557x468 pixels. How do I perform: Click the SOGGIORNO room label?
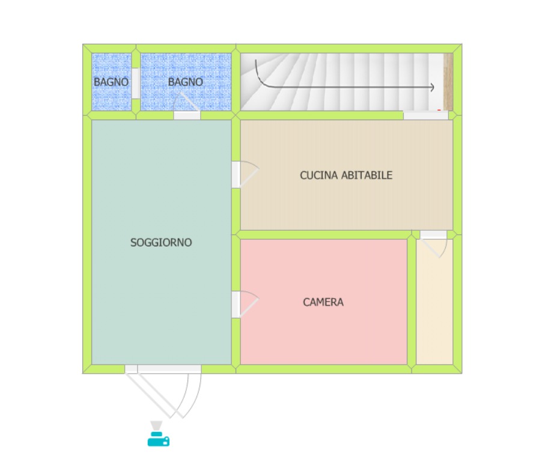[161, 243]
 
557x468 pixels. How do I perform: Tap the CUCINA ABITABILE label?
[346, 175]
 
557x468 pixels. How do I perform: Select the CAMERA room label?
[323, 302]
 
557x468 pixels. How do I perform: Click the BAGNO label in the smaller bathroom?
[111, 82]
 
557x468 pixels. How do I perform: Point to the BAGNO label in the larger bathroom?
[186, 82]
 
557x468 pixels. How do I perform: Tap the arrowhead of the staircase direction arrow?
[432, 87]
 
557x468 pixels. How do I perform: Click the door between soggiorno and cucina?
[245, 174]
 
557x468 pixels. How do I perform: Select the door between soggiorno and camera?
[245, 305]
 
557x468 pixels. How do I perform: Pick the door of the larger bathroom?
[187, 106]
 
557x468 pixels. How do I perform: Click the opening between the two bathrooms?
[136, 84]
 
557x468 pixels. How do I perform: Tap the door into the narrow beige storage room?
[433, 243]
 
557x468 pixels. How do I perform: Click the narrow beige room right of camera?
[434, 302]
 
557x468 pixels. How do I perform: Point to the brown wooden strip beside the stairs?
[448, 82]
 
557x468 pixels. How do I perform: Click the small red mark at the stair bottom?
[439, 110]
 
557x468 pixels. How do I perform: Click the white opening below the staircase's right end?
[425, 115]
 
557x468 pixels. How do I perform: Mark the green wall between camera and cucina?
[323, 235]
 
